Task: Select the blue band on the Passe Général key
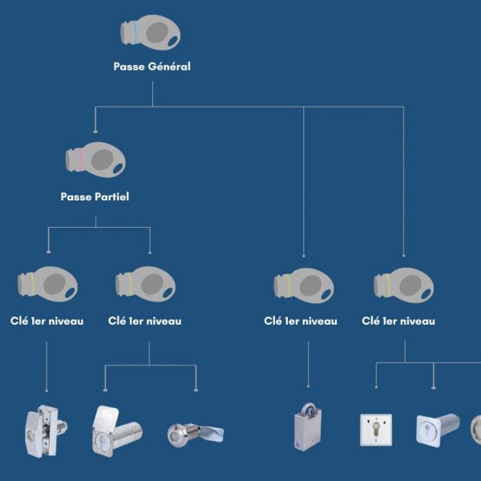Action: pos(135,32)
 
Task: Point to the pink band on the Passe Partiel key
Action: pos(80,160)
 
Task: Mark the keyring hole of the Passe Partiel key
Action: pos(118,168)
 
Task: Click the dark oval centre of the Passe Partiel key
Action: pos(102,160)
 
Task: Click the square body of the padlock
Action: pos(308,432)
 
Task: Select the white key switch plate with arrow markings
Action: pos(376,430)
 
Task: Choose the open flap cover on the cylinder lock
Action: pos(104,418)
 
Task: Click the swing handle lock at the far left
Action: pos(46,431)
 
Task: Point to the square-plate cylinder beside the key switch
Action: pos(438,430)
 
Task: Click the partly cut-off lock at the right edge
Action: pos(475,430)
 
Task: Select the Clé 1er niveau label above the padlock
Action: pos(301,321)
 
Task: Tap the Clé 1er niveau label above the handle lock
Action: pos(47,321)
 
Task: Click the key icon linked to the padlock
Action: pos(304,285)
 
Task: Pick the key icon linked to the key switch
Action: pos(404,285)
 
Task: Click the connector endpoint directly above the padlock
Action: pos(309,386)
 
